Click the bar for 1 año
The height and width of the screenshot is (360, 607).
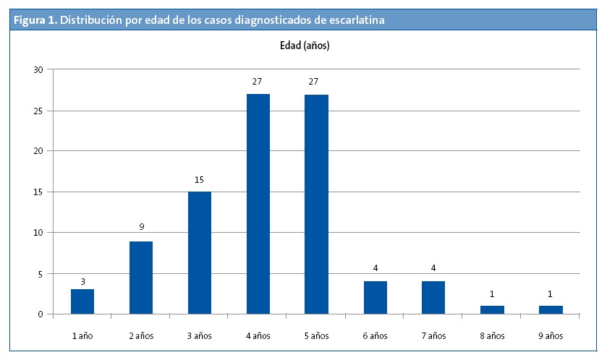[82, 301]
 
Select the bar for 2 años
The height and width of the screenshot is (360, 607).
[141, 278]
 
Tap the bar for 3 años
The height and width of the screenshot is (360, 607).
[200, 253]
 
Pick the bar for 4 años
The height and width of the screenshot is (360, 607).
[258, 204]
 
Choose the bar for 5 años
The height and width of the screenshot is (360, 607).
[316, 204]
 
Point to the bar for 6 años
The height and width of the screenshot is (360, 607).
[375, 298]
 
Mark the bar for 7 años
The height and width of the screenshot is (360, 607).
[433, 298]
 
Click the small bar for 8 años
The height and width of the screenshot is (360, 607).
[492, 310]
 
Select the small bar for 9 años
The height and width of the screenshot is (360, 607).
[551, 310]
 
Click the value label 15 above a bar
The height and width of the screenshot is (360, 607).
[200, 179]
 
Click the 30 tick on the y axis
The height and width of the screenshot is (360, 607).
[38, 69]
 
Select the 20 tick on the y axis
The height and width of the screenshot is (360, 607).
[38, 151]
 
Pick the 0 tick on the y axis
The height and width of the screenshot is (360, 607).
[41, 314]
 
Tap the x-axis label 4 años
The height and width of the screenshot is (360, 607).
[258, 336]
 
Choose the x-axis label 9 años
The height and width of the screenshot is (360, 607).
[551, 336]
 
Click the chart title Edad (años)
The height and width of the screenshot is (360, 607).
[305, 46]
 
